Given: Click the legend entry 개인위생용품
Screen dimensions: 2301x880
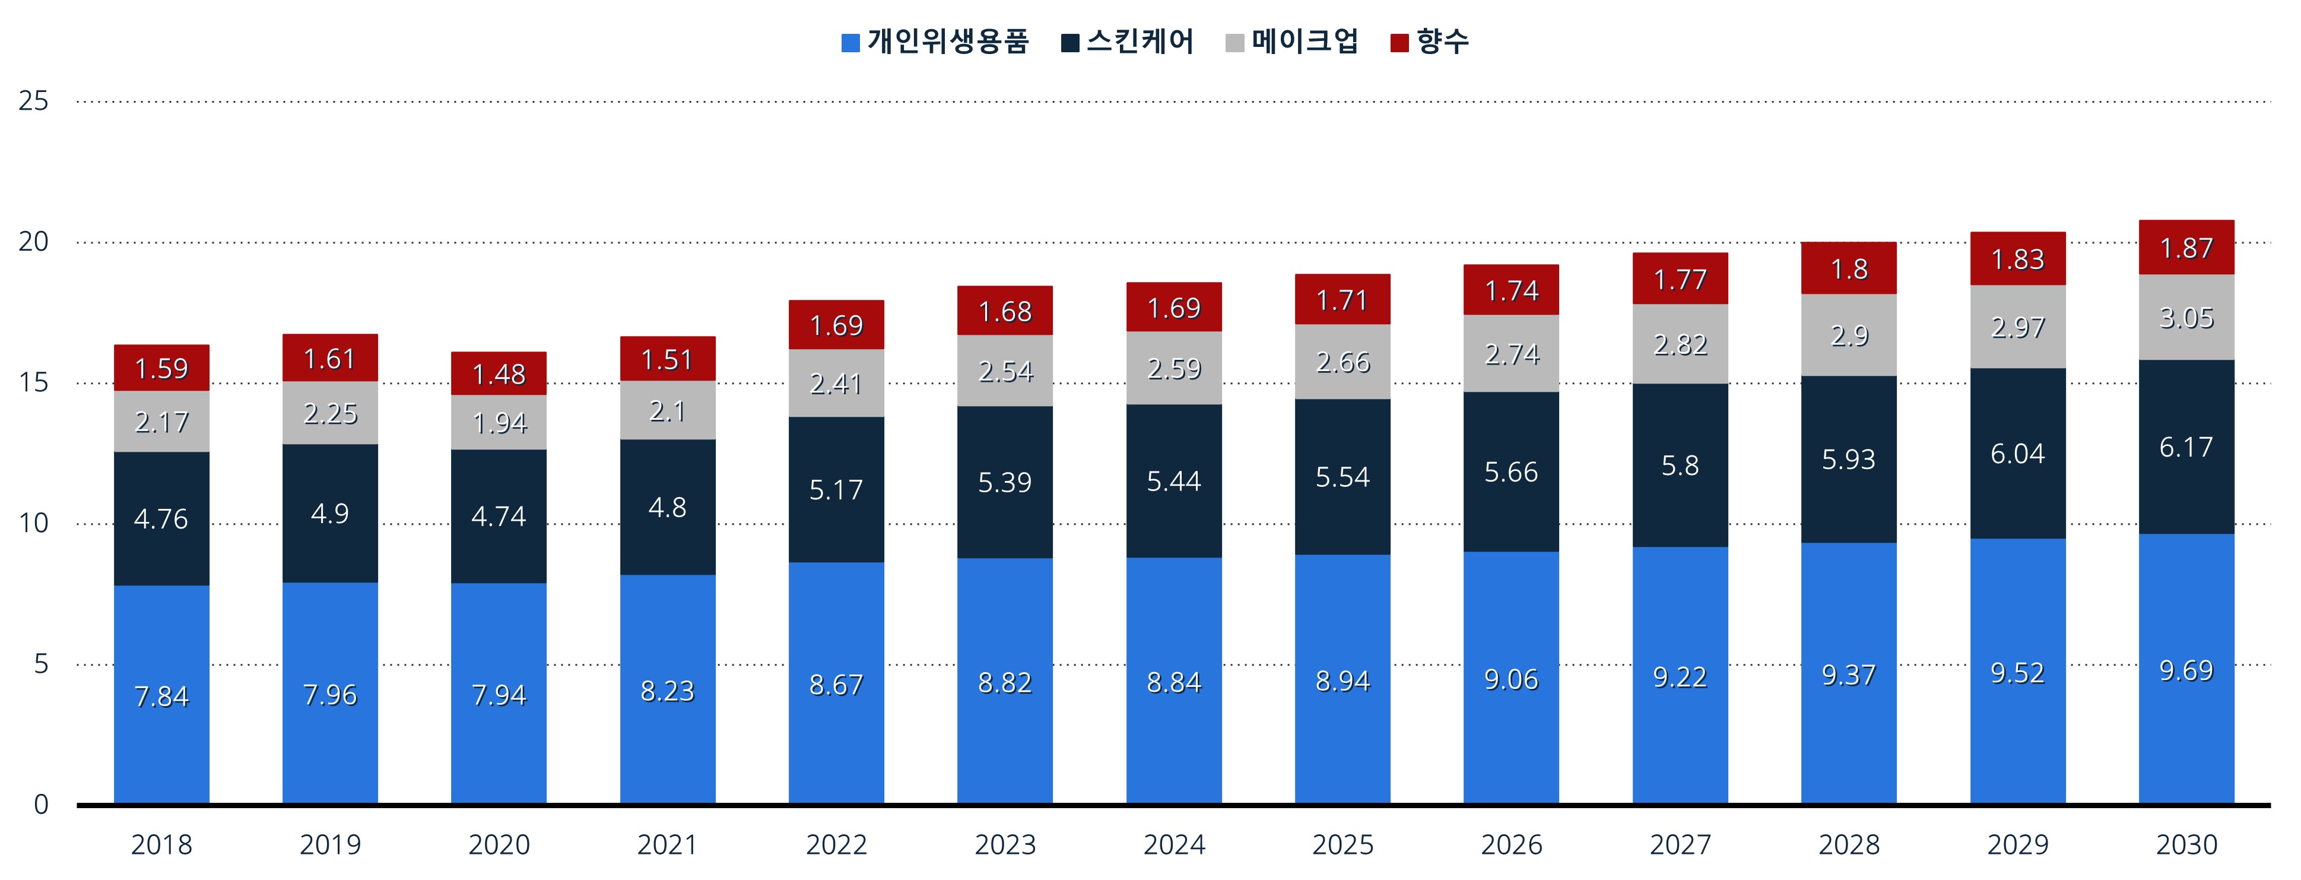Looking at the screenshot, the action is [935, 41].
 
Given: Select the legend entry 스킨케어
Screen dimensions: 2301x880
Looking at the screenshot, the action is [1127, 41].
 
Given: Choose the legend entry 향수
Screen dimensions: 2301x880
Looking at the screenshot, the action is [1429, 41].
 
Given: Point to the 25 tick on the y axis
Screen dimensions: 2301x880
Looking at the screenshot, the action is [33, 101].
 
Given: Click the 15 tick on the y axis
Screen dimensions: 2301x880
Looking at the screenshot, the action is [33, 382].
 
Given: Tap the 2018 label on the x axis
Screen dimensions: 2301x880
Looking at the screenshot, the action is [161, 844].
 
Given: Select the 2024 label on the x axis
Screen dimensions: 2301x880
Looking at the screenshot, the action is [1174, 844].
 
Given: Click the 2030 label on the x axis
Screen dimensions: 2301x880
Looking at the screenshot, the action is [2186, 844].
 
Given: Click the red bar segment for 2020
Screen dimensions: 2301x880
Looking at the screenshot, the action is [499, 373].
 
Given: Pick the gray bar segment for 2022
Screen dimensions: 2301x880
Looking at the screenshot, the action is [836, 383].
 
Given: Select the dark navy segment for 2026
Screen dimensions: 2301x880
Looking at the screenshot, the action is [1512, 471].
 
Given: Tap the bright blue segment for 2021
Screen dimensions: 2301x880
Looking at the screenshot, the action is [667, 689].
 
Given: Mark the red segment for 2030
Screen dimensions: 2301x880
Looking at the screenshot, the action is [2186, 248].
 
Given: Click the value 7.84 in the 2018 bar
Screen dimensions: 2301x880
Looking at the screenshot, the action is [161, 696].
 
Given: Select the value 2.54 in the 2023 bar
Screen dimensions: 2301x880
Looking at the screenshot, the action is [1005, 371].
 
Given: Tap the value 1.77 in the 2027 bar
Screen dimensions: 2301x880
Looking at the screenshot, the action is [1680, 280].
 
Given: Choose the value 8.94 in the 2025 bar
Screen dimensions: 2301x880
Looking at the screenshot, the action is [1342, 680].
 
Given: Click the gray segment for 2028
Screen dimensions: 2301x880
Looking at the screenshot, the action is [1849, 335].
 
